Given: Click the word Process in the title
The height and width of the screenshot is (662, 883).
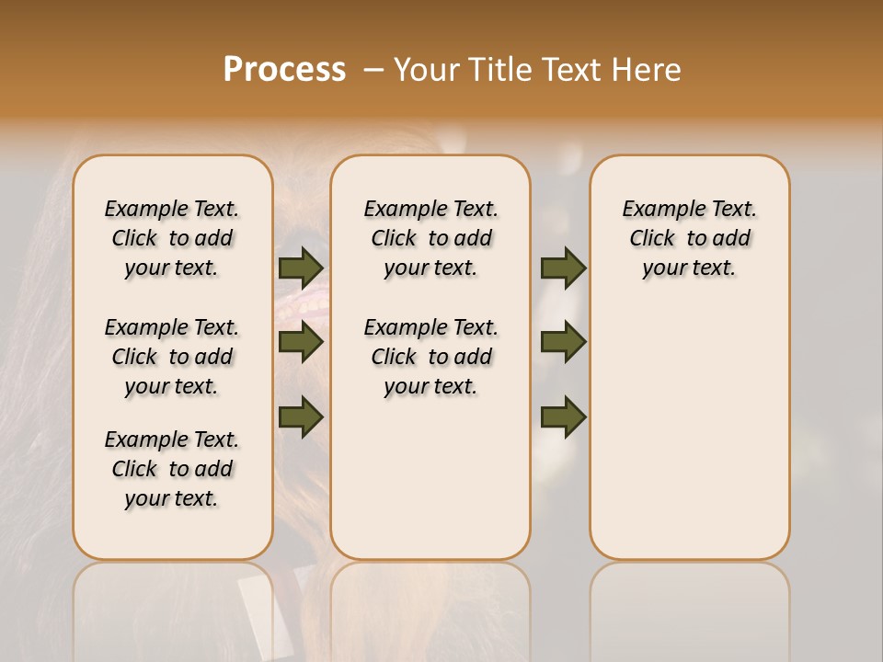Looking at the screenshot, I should (x=284, y=69).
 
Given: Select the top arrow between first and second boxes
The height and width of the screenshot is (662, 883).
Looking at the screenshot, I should (x=301, y=268).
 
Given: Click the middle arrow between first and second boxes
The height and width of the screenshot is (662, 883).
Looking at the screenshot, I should (x=301, y=342).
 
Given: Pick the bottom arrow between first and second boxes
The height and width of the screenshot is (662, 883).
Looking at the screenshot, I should (x=301, y=417).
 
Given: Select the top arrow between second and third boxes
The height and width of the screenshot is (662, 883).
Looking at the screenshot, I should (x=563, y=268).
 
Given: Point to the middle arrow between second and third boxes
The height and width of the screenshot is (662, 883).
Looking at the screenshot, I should (x=563, y=342).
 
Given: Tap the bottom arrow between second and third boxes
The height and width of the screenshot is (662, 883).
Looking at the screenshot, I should (x=563, y=417).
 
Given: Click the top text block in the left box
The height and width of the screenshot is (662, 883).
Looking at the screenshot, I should (x=172, y=238).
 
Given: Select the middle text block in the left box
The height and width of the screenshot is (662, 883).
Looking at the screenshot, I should (x=172, y=357).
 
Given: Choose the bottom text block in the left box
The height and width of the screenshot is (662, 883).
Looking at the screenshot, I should (x=172, y=469).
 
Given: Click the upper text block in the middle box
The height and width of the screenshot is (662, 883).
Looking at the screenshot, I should (x=430, y=238).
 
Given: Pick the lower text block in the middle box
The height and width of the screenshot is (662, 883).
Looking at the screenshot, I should (x=430, y=357).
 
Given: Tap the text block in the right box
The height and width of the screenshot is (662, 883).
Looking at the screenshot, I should (x=689, y=238).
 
